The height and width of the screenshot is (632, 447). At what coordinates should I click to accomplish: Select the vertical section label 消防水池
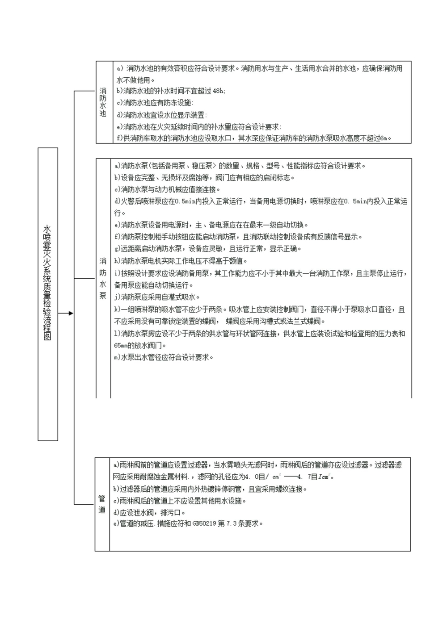103,102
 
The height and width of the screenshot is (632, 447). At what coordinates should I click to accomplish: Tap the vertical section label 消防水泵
103,278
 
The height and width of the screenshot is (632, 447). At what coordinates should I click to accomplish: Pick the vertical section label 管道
102,504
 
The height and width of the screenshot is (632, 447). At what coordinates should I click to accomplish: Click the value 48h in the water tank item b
219,91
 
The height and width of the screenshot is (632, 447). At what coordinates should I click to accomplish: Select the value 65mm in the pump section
121,345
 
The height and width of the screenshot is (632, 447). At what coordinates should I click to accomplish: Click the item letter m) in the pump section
117,357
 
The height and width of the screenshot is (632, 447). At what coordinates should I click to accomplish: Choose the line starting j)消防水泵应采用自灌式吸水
157,297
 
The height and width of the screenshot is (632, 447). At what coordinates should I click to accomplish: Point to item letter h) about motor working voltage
117,261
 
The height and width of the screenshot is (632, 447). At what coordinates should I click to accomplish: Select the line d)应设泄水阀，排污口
149,512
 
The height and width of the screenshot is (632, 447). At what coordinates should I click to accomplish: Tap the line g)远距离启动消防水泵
208,249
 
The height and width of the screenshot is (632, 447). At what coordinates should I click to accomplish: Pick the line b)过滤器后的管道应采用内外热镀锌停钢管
210,489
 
